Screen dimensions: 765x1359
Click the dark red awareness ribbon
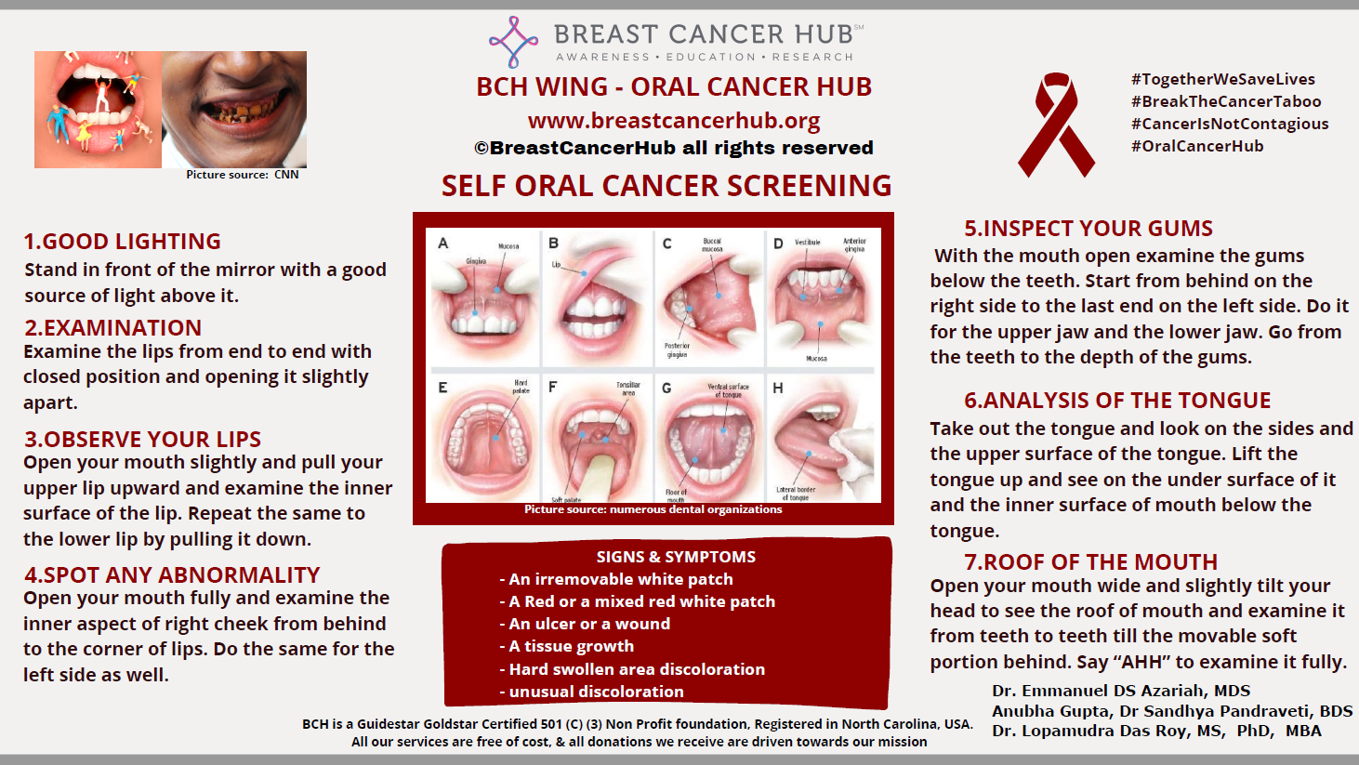(x=1056, y=125)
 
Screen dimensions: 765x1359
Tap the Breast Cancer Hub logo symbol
(x=513, y=42)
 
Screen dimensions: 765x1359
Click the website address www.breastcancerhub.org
(x=674, y=121)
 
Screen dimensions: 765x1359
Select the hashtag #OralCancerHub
(x=1197, y=146)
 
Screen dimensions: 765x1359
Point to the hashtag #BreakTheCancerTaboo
(x=1226, y=101)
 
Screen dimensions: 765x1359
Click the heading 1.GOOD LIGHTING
(x=122, y=242)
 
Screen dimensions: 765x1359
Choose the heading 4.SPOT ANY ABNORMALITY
(x=172, y=575)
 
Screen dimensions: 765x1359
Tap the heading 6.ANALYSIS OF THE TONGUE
(x=1117, y=401)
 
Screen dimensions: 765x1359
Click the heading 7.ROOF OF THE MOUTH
(x=1090, y=562)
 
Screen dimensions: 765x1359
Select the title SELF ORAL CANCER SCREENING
(x=666, y=186)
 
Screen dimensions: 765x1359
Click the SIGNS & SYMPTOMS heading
(x=676, y=557)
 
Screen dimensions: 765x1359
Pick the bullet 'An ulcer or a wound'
(x=589, y=624)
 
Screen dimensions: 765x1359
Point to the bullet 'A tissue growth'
(x=572, y=646)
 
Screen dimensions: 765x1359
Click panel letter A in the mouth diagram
(x=443, y=244)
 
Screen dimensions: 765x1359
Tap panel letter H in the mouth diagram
(x=778, y=388)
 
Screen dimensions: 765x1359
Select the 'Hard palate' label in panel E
(x=521, y=387)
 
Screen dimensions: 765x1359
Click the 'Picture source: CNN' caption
(x=242, y=175)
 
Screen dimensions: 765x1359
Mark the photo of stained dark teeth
(x=234, y=109)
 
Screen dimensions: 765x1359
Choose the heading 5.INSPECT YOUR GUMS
(x=1089, y=229)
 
